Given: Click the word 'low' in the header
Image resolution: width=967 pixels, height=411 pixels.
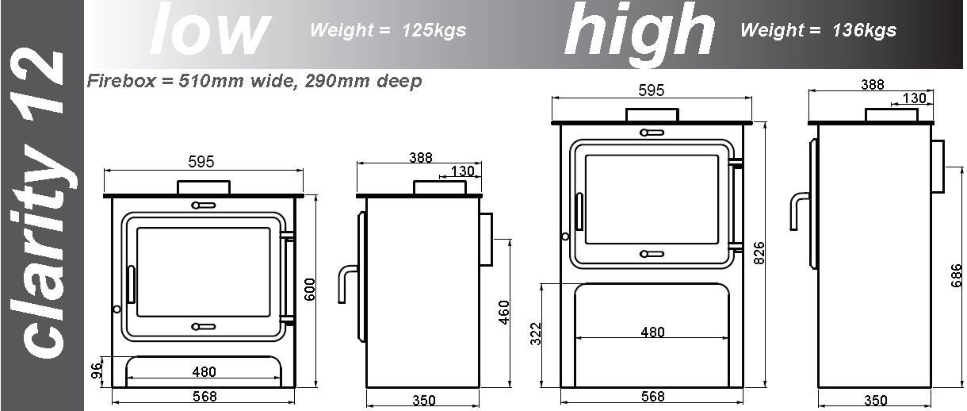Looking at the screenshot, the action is click(210, 30).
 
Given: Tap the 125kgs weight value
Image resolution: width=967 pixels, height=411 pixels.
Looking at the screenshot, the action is click(434, 30).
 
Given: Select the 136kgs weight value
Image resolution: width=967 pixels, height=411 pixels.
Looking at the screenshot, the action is click(864, 30).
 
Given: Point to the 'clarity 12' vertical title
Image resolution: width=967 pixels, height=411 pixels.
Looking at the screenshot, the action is click(42, 204).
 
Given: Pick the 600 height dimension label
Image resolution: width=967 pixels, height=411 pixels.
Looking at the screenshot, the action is click(310, 290).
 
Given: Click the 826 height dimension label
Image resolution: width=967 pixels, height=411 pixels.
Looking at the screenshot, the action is click(759, 253).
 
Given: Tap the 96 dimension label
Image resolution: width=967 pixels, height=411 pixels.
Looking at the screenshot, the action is click(97, 371).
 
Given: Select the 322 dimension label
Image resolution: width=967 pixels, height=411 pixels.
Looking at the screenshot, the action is click(535, 334).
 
